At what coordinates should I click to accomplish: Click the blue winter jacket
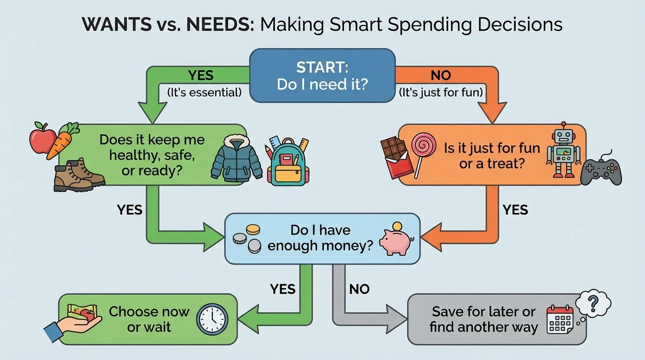pyautogui.click(x=236, y=160)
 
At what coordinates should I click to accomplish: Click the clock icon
pyautogui.click(x=212, y=319)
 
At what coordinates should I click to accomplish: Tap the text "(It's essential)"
pyautogui.click(x=204, y=92)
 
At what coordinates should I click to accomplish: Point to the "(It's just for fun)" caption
pyautogui.click(x=440, y=92)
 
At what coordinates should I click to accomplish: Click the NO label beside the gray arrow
pyautogui.click(x=359, y=289)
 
